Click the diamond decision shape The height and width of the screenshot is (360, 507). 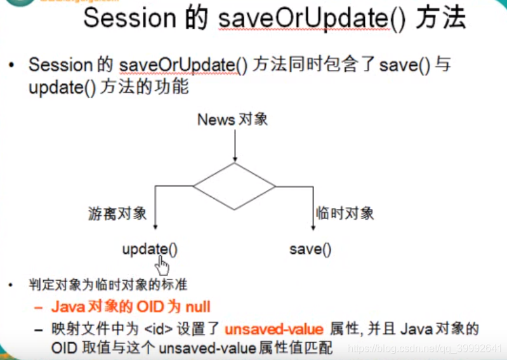(234, 186)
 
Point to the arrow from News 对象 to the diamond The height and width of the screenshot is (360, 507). (234, 145)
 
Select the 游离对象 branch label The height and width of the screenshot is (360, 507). (117, 213)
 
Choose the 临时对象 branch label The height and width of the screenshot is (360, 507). (345, 213)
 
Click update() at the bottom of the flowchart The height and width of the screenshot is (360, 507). (150, 250)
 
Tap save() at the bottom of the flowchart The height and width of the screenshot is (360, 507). (310, 250)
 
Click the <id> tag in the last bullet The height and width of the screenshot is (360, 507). (155, 329)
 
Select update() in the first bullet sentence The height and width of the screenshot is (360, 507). (62, 87)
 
